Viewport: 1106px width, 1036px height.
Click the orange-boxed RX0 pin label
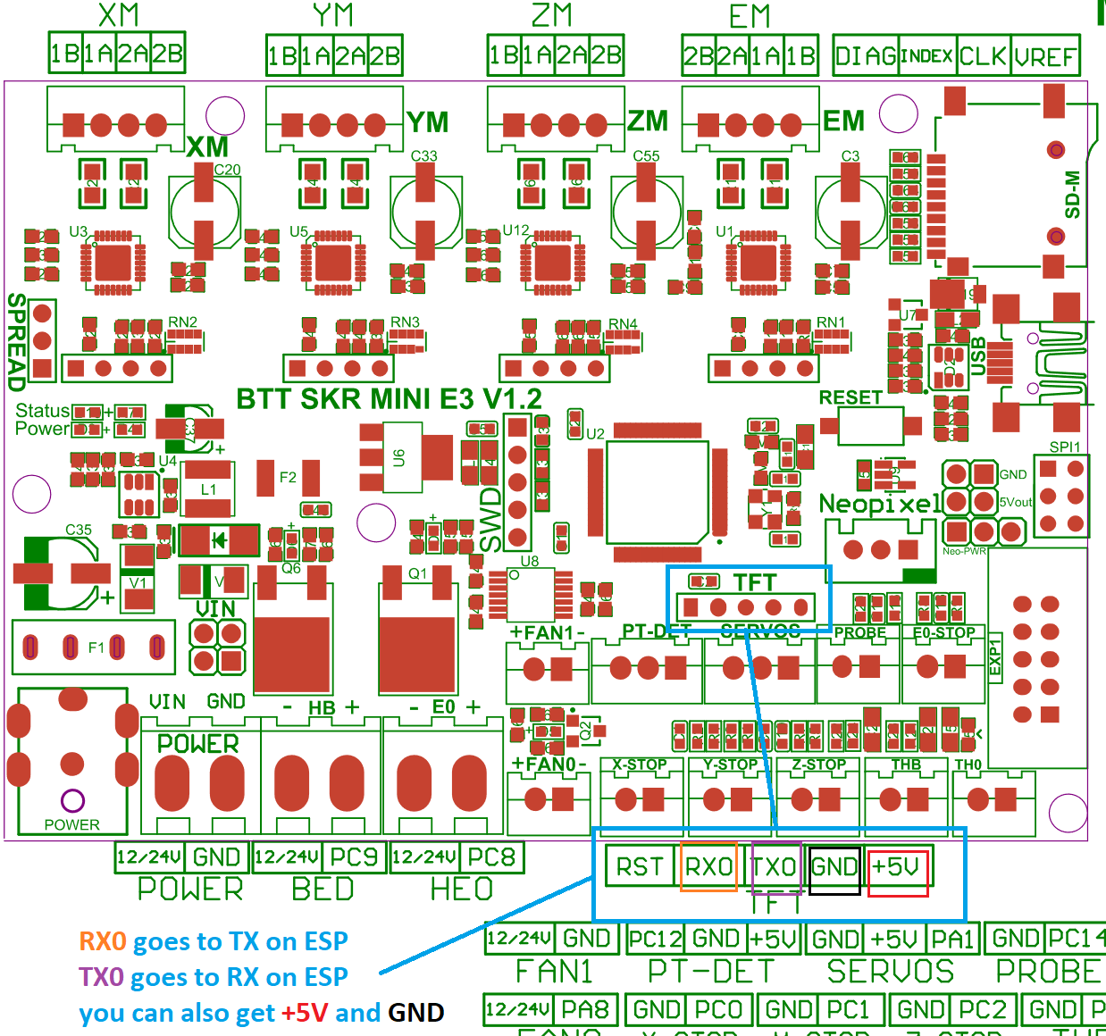pyautogui.click(x=708, y=867)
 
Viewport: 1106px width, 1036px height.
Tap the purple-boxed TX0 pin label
pyautogui.click(x=775, y=867)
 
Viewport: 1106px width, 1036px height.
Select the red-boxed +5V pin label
pyautogui.click(x=897, y=867)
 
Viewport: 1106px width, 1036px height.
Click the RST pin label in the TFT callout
pyautogui.click(x=640, y=867)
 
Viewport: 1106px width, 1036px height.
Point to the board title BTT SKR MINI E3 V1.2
pyautogui.click(x=389, y=399)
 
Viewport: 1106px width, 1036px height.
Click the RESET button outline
pyautogui.click(x=871, y=426)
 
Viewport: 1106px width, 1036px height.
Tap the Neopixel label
pyautogui.click(x=880, y=504)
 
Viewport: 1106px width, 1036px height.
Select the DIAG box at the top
pyautogui.click(x=865, y=56)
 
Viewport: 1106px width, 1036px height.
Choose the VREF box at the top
pyautogui.click(x=1045, y=56)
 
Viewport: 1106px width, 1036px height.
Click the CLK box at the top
pyautogui.click(x=983, y=56)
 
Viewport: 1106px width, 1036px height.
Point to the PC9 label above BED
pyautogui.click(x=354, y=857)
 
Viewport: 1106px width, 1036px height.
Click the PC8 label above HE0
pyautogui.click(x=491, y=857)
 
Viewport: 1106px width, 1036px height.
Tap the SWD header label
pyautogui.click(x=491, y=518)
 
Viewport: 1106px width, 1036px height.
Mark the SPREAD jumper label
pyautogui.click(x=16, y=342)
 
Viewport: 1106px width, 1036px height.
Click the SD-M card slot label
pyautogui.click(x=1072, y=195)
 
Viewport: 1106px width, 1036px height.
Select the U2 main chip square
pyautogui.click(x=658, y=491)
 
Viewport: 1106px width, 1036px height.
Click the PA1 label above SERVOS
pyautogui.click(x=951, y=940)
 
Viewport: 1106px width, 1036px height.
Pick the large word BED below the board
pyautogui.click(x=323, y=890)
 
